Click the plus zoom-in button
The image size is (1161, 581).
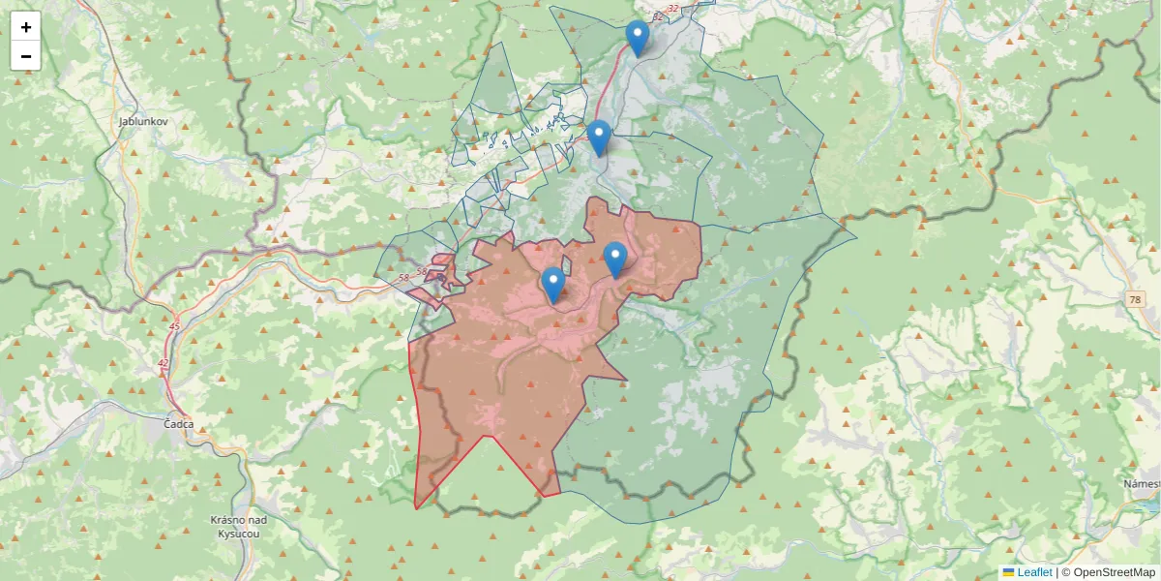(x=26, y=27)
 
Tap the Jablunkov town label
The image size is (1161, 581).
(x=143, y=122)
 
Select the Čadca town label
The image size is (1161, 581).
(x=179, y=424)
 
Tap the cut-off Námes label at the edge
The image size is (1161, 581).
(x=1142, y=483)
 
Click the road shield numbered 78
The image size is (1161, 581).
(x=1134, y=301)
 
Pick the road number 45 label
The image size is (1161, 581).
(x=174, y=326)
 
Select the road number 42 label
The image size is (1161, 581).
(x=164, y=363)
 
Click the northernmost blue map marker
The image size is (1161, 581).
(x=637, y=38)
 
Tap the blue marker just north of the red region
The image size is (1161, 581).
(x=599, y=138)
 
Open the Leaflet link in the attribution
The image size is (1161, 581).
(x=1034, y=572)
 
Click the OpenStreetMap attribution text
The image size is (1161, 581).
(x=1108, y=572)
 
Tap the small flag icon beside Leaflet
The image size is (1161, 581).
(x=1008, y=572)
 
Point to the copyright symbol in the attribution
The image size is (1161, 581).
(x=1066, y=572)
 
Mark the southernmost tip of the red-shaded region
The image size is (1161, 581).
(x=416, y=508)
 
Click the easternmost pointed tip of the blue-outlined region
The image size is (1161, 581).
(x=856, y=234)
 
